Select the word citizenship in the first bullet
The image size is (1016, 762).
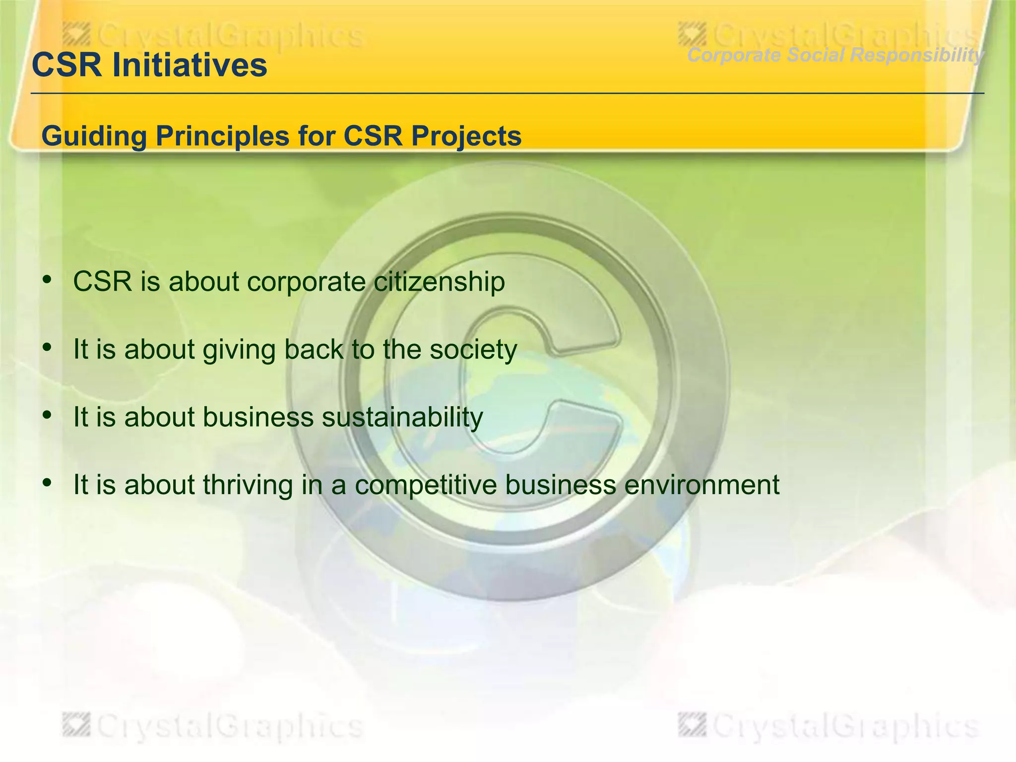coord(439,281)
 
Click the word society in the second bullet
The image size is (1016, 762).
coord(473,349)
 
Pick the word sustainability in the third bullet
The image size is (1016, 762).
coord(402,417)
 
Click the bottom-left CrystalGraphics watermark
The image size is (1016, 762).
coord(213,727)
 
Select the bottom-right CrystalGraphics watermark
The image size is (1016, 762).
coord(828,727)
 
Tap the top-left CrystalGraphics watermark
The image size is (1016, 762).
coord(213,36)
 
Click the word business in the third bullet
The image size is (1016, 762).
coord(258,417)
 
